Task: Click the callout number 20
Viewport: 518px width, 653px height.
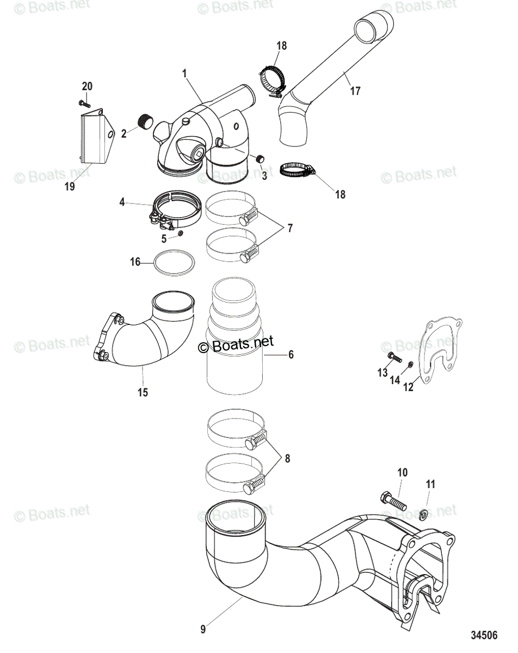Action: pyautogui.click(x=87, y=86)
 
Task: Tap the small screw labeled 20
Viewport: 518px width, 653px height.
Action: pyautogui.click(x=83, y=103)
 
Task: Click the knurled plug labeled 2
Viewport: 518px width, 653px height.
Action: pyautogui.click(x=145, y=122)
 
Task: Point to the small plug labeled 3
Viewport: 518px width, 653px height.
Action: pyautogui.click(x=261, y=159)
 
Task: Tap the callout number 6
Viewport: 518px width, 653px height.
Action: pyautogui.click(x=290, y=354)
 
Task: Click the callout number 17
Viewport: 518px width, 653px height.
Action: pyautogui.click(x=355, y=91)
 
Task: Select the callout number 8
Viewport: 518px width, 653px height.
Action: pyautogui.click(x=287, y=458)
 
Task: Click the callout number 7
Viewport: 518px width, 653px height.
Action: pyautogui.click(x=290, y=228)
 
